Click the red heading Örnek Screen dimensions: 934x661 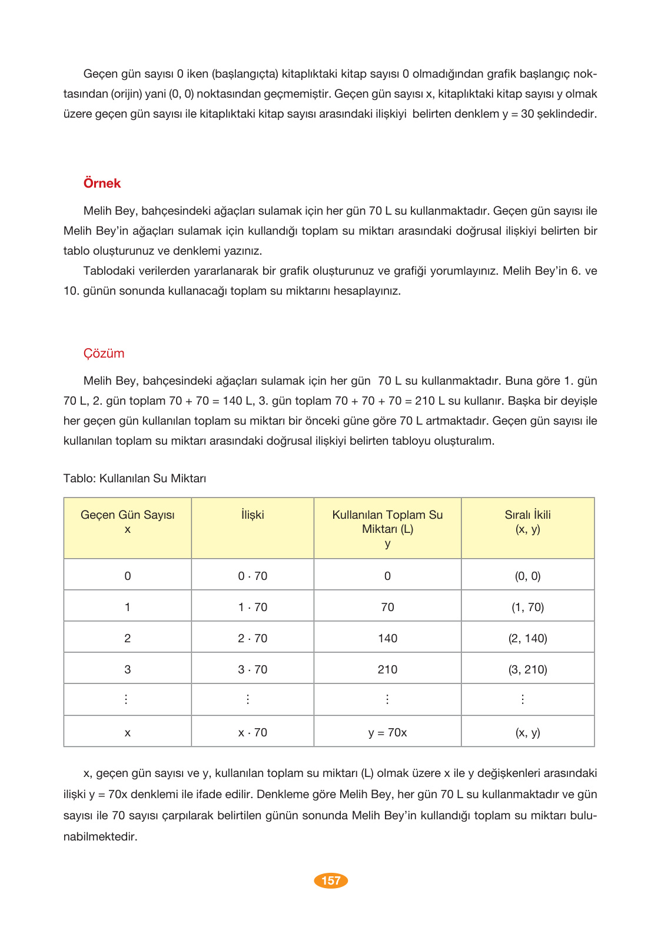pyautogui.click(x=102, y=183)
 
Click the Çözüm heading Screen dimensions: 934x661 pyautogui.click(x=104, y=353)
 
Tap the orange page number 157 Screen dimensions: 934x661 pyautogui.click(x=331, y=880)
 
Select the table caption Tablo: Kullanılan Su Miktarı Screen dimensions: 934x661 pyautogui.click(x=134, y=478)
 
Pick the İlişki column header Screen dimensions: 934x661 pyautogui.click(x=253, y=515)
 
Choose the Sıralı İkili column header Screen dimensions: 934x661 pyautogui.click(x=527, y=521)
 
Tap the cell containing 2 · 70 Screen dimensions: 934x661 pyautogui.click(x=253, y=638)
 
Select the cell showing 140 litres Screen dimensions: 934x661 pyautogui.click(x=387, y=638)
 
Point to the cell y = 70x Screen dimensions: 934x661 pyautogui.click(x=387, y=732)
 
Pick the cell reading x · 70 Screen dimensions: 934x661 pyautogui.click(x=253, y=732)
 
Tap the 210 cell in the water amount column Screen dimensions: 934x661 pyautogui.click(x=387, y=669)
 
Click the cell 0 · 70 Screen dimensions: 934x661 pyautogui.click(x=253, y=576)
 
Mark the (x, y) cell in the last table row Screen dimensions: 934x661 pyautogui.click(x=527, y=732)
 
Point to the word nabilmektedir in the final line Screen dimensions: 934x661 pyautogui.click(x=100, y=836)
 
